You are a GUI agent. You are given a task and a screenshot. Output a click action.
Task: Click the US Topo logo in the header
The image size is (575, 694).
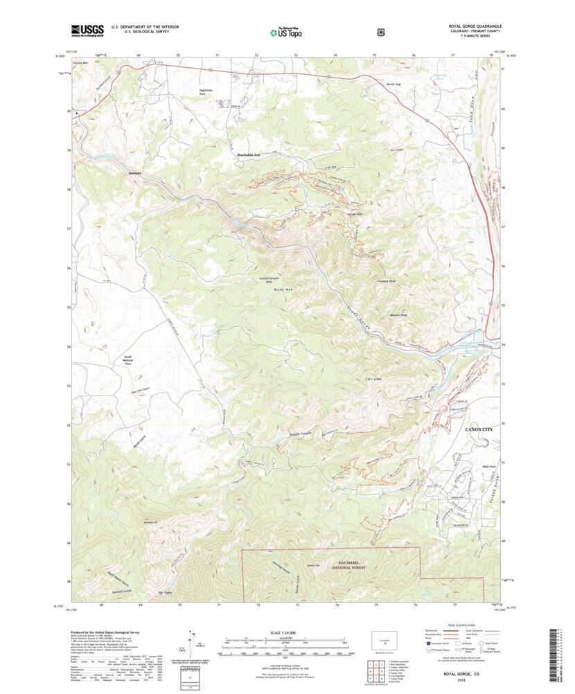pos(285,31)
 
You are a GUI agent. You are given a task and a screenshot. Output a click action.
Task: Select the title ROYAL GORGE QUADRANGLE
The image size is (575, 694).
pos(475,26)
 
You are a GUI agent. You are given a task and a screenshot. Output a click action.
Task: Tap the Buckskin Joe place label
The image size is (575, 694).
pos(247,154)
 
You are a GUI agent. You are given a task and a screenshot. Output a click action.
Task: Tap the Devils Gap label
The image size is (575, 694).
pos(394,84)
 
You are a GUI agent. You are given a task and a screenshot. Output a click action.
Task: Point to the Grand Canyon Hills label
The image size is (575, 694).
pos(268,281)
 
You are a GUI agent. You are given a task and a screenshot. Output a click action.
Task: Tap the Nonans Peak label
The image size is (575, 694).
pos(398,315)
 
